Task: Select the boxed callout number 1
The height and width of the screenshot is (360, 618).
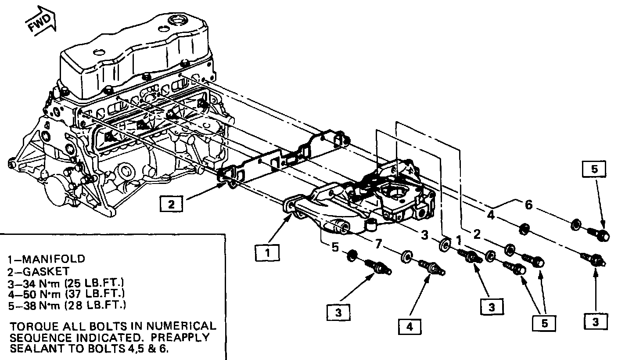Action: [x=267, y=253]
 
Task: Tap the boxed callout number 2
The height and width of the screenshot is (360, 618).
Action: [x=171, y=204]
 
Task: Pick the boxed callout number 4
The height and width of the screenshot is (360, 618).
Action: [x=410, y=327]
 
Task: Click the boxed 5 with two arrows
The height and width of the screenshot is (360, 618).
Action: [x=544, y=323]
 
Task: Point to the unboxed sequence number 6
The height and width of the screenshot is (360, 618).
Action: [x=528, y=205]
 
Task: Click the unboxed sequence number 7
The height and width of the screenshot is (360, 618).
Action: [x=378, y=244]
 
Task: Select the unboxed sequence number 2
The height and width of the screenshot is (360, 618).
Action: [x=477, y=234]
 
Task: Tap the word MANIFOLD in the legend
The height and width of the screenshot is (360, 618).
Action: [x=54, y=259]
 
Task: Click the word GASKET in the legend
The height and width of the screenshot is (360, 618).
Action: [x=46, y=272]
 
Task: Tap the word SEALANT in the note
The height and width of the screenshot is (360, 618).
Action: [x=38, y=349]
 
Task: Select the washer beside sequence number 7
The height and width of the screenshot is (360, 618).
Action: [x=407, y=257]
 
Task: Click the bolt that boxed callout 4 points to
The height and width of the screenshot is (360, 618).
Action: [x=432, y=268]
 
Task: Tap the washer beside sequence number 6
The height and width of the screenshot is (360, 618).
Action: [x=575, y=225]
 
